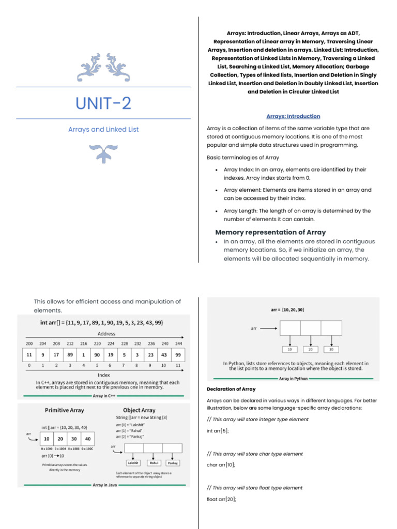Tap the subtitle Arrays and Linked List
pos(103,129)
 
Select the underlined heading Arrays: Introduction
pos(293,116)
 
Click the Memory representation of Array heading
pos(270,232)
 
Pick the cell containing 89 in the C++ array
pos(69,355)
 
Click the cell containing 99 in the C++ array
pos(178,355)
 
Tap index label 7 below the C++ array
pos(124,365)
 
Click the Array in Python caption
pos(293,379)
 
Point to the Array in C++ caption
pos(104,396)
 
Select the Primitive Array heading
pos(64,410)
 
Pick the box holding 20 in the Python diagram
pos(310,349)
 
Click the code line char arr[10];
pos(221,465)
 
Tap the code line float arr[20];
pos(221,499)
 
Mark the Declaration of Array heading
pos(231,389)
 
